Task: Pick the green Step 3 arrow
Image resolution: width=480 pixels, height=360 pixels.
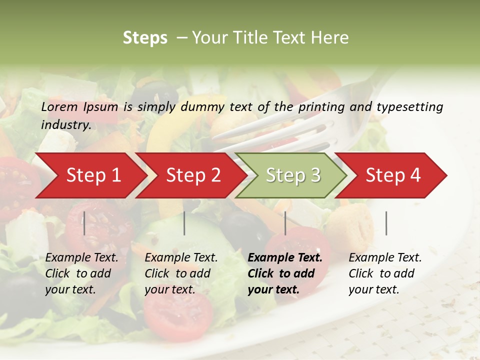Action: tap(293, 175)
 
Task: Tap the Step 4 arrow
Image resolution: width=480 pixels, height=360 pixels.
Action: tap(393, 175)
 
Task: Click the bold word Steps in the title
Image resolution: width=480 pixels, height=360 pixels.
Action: tap(145, 38)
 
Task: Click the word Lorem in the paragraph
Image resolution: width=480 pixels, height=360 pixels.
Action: tap(59, 106)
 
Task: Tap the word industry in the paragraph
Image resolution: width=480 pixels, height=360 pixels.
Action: tap(65, 125)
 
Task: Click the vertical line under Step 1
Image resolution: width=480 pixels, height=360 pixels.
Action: tap(84, 223)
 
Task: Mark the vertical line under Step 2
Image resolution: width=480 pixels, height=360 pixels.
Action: tap(184, 223)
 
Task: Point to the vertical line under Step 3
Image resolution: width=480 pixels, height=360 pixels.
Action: tap(285, 223)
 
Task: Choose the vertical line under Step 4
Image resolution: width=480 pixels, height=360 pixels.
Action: tap(386, 223)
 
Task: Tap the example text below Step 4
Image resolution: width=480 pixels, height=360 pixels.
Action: tap(385, 273)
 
